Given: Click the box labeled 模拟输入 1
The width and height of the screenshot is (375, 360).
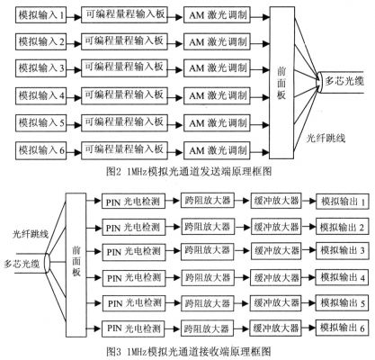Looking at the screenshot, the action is click(x=40, y=15).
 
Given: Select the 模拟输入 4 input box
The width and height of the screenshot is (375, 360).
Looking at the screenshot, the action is click(x=40, y=96).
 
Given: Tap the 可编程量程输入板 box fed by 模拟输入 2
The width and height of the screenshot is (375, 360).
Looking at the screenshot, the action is click(x=124, y=41).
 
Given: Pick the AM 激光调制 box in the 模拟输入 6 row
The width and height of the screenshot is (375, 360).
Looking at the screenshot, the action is click(x=217, y=150).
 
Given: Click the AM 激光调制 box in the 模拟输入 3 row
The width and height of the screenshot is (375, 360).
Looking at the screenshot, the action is click(x=217, y=68).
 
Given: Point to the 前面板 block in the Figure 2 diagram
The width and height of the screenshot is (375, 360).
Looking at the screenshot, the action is click(x=281, y=83).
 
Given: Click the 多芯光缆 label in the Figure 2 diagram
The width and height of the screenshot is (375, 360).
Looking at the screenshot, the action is click(x=344, y=81).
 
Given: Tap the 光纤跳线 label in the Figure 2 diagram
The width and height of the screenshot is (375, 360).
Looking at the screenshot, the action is click(x=326, y=139).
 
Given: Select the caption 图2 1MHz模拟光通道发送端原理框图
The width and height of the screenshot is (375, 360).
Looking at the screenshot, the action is click(x=189, y=172).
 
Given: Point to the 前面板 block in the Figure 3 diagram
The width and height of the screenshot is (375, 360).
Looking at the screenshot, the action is click(x=76, y=265).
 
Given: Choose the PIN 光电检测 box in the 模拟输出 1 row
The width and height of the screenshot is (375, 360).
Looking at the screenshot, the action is click(x=133, y=202).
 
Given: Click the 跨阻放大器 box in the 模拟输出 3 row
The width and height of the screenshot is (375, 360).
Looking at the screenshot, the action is click(x=207, y=251).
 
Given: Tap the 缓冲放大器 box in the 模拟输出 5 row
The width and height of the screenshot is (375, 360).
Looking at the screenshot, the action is click(x=276, y=302).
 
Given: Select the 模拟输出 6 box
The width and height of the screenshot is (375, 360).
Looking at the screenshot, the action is click(x=342, y=328).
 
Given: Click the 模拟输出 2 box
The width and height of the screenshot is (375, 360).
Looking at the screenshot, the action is click(x=342, y=227).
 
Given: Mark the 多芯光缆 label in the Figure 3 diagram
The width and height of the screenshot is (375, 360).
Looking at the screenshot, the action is click(x=22, y=265).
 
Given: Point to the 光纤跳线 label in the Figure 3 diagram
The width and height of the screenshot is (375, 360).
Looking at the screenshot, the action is click(x=31, y=234).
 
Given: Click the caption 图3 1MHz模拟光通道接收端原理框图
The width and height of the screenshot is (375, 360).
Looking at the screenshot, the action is click(x=189, y=351).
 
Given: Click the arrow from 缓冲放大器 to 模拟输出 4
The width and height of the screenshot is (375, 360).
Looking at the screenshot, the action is click(x=308, y=278).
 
